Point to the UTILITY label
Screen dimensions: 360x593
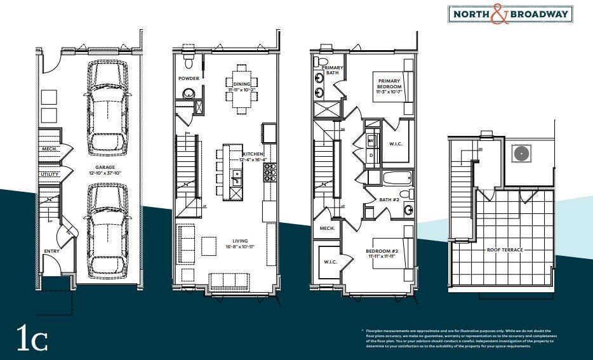[x=50, y=174]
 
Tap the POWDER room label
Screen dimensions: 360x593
[x=189, y=79]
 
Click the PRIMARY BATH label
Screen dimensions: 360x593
[x=332, y=70]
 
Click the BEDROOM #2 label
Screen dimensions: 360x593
[x=382, y=253]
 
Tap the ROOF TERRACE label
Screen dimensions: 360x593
[x=505, y=250]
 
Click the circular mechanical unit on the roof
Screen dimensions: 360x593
[x=523, y=154]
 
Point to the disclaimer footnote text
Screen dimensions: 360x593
[x=458, y=339]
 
